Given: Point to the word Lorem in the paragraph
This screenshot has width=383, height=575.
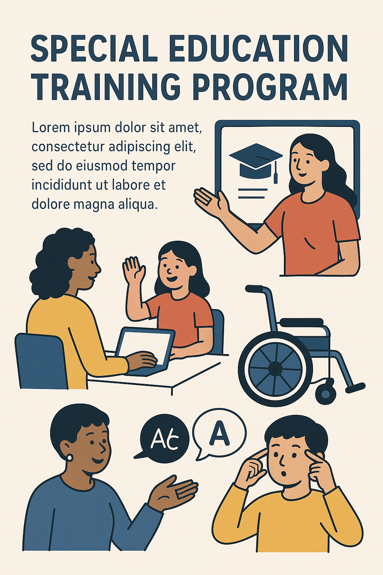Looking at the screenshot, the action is pyautogui.click(x=50, y=128).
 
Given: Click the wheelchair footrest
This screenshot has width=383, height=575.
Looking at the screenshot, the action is pyautogui.click(x=355, y=387).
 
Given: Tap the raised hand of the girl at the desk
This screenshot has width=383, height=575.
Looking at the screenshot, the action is pyautogui.click(x=134, y=270).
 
